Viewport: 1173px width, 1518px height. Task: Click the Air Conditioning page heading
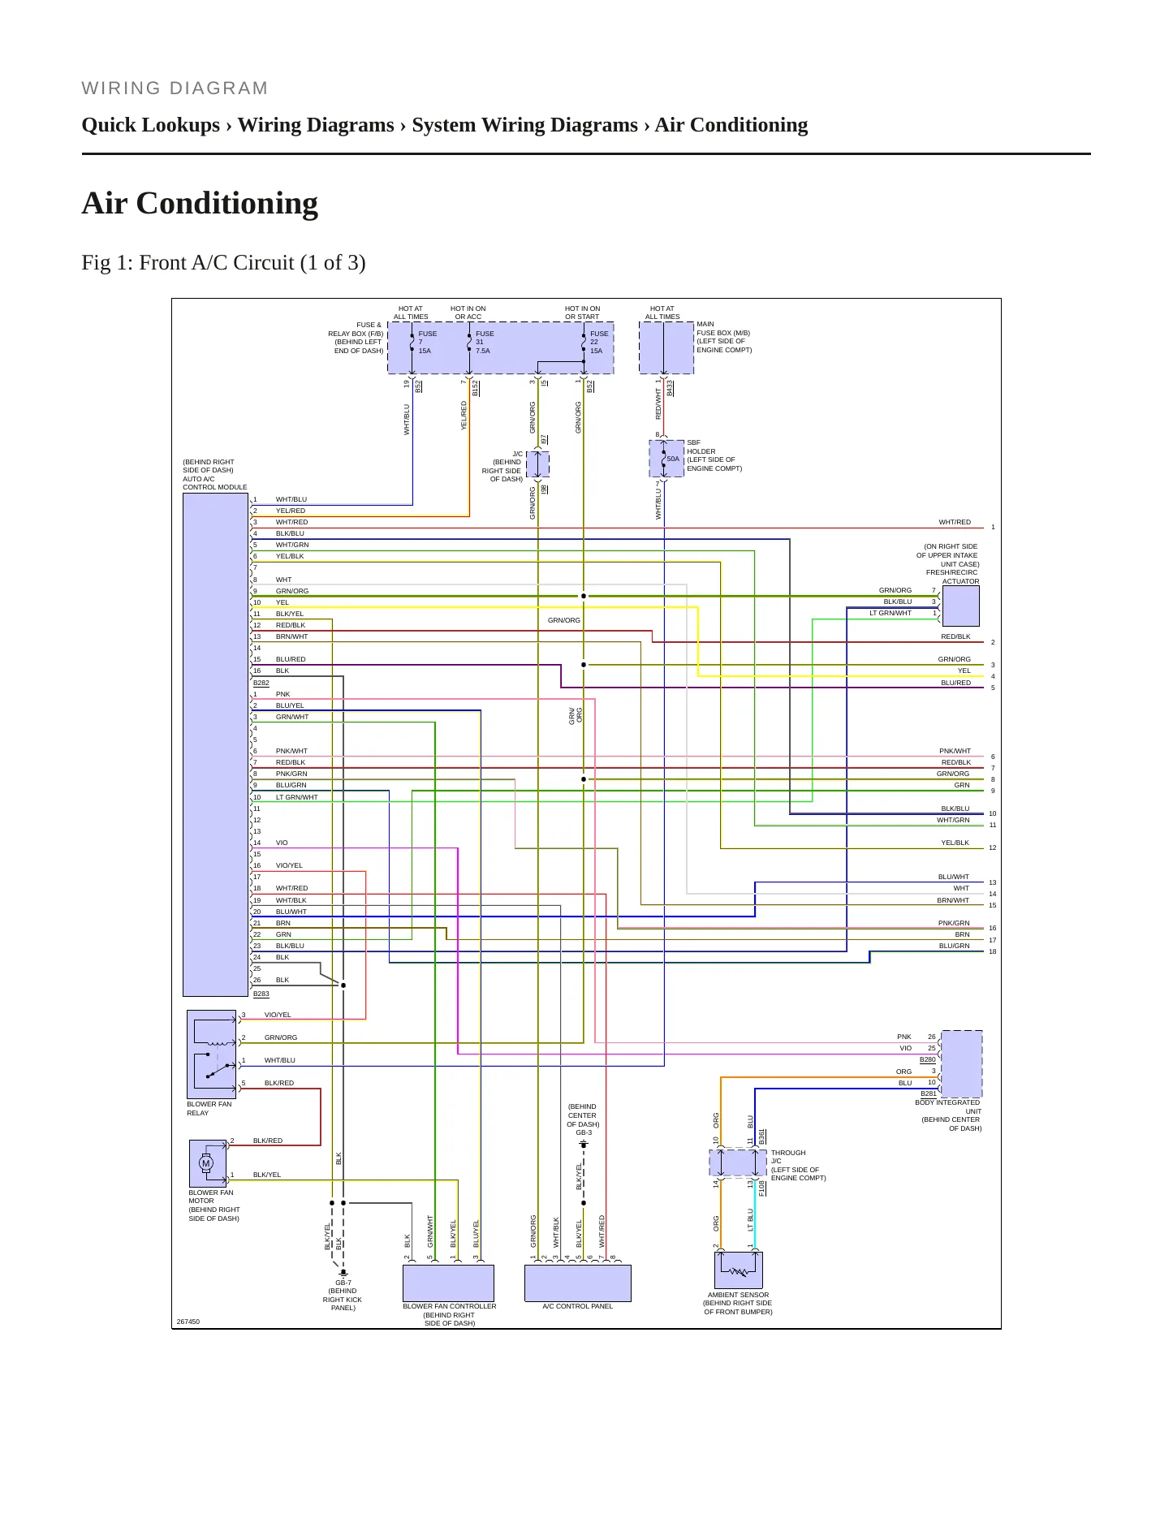coord(200,203)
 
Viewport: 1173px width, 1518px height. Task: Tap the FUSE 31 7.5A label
coord(485,343)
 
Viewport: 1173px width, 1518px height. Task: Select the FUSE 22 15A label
coord(599,343)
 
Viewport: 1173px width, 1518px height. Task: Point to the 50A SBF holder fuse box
coord(666,459)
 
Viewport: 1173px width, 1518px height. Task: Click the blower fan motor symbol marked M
coord(206,1163)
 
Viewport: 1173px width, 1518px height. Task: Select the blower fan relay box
coord(212,1054)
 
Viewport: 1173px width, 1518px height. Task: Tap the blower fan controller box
coord(449,1283)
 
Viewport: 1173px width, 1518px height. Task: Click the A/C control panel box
coord(578,1283)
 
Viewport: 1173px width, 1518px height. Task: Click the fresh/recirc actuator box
coord(960,606)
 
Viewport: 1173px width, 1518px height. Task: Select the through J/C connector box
coord(738,1162)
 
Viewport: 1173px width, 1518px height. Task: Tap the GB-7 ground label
coord(343,1283)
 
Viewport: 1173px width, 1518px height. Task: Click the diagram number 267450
coord(188,1322)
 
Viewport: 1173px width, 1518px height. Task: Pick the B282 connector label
coord(261,683)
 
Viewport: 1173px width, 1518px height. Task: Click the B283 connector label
coord(261,994)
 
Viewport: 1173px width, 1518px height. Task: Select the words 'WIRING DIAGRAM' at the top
coord(175,88)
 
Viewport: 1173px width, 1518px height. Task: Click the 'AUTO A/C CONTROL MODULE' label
coord(215,483)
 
